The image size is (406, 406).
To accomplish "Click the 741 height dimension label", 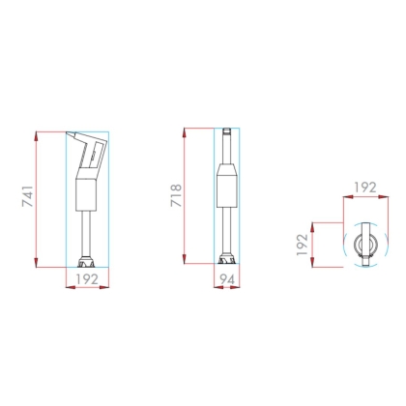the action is tap(27, 196).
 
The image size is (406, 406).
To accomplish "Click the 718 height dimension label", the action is tap(176, 195).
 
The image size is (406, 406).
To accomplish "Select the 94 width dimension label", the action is tap(227, 279).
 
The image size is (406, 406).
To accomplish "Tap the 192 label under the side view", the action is tap(87, 279).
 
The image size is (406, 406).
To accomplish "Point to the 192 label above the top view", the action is tap(365, 188).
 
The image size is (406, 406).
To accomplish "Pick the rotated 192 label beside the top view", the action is tap(303, 245).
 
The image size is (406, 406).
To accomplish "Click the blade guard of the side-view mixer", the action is tap(87, 262).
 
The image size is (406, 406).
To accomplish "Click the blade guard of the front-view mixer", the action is tap(227, 259).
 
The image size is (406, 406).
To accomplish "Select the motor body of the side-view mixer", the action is tap(86, 195).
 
